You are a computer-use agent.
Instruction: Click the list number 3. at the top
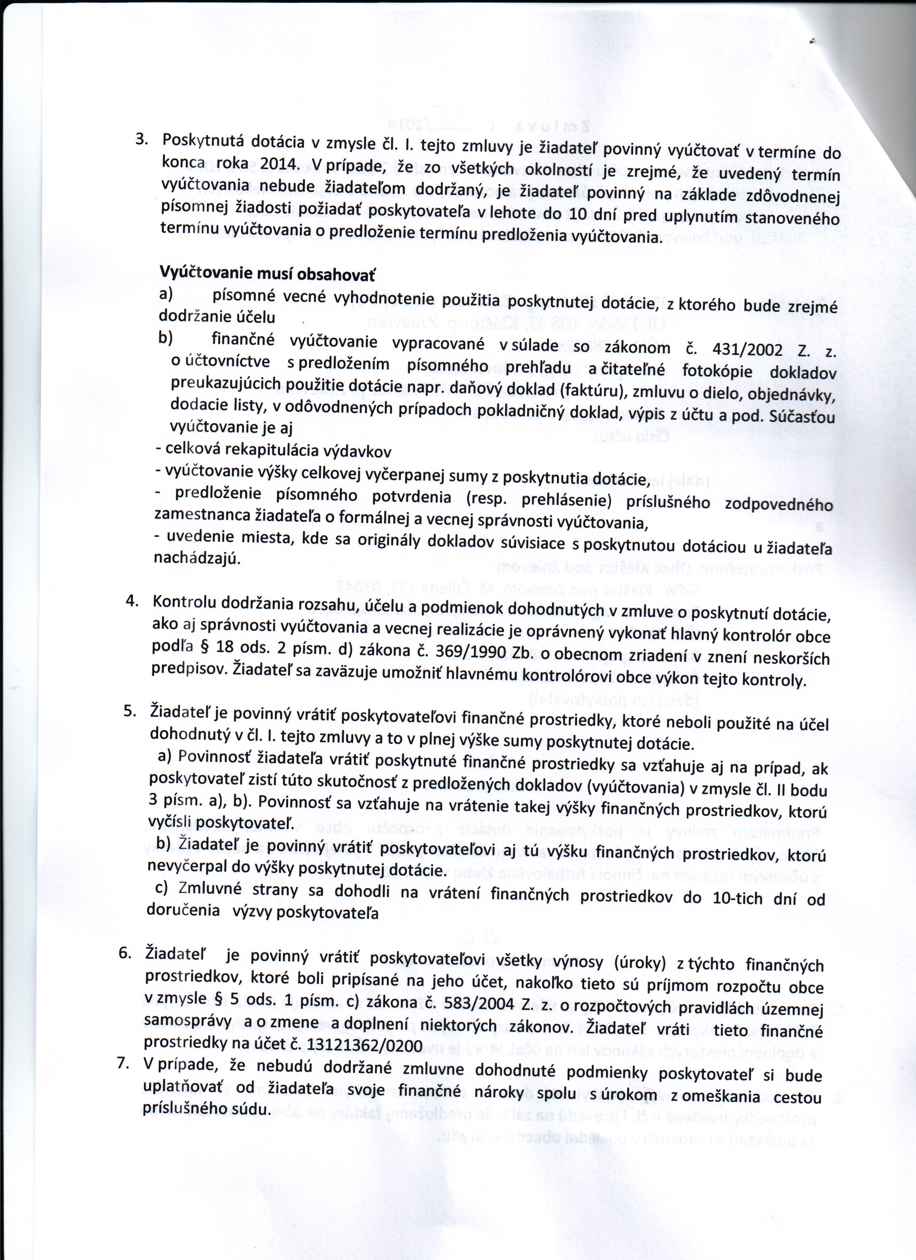point(142,139)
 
